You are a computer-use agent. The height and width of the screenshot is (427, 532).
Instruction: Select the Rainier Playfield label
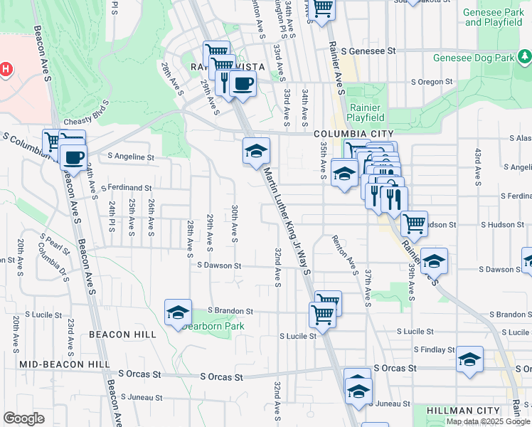point(366,112)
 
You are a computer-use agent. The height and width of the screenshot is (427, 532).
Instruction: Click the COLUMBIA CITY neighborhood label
point(353,134)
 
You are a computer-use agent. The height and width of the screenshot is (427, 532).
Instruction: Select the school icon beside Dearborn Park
point(178,312)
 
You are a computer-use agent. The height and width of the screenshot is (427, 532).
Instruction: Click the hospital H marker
point(6,69)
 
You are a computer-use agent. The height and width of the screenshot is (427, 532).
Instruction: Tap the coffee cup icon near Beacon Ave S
point(73,157)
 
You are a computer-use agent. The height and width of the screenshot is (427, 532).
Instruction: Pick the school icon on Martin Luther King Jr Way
point(256,150)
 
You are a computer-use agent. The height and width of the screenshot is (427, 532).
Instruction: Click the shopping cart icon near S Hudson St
point(414,223)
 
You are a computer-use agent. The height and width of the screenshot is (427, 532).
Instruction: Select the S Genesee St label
point(368,51)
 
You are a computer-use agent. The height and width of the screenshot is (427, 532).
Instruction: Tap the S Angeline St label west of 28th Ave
point(130,157)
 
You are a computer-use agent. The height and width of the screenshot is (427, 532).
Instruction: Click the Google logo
point(23,418)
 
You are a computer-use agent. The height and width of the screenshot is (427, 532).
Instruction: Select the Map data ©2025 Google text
point(488,421)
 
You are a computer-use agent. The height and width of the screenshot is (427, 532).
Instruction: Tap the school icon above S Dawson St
point(433,260)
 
